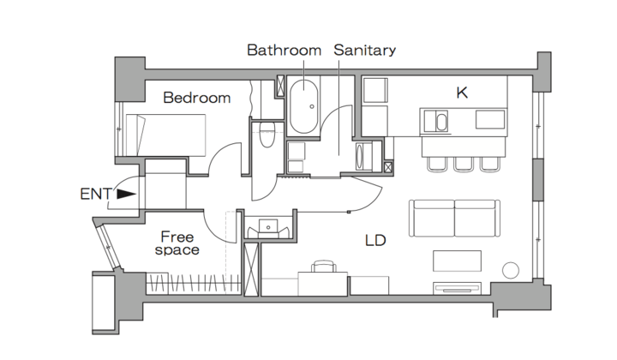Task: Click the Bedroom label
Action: (197, 98)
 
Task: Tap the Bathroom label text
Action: (285, 50)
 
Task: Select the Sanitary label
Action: (364, 51)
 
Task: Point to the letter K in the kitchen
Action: (462, 93)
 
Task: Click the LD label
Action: (375, 240)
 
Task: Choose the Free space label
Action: (177, 243)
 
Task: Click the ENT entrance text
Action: (96, 194)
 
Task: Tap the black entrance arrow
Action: (126, 194)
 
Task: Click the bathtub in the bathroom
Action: (303, 106)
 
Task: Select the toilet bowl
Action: (267, 135)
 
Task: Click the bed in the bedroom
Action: (165, 135)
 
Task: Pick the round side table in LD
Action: (511, 270)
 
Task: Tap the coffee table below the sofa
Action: (457, 261)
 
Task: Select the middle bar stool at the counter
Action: (464, 165)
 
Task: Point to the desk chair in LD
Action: (324, 266)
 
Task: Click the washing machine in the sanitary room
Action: (364, 157)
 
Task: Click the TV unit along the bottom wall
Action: (458, 288)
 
